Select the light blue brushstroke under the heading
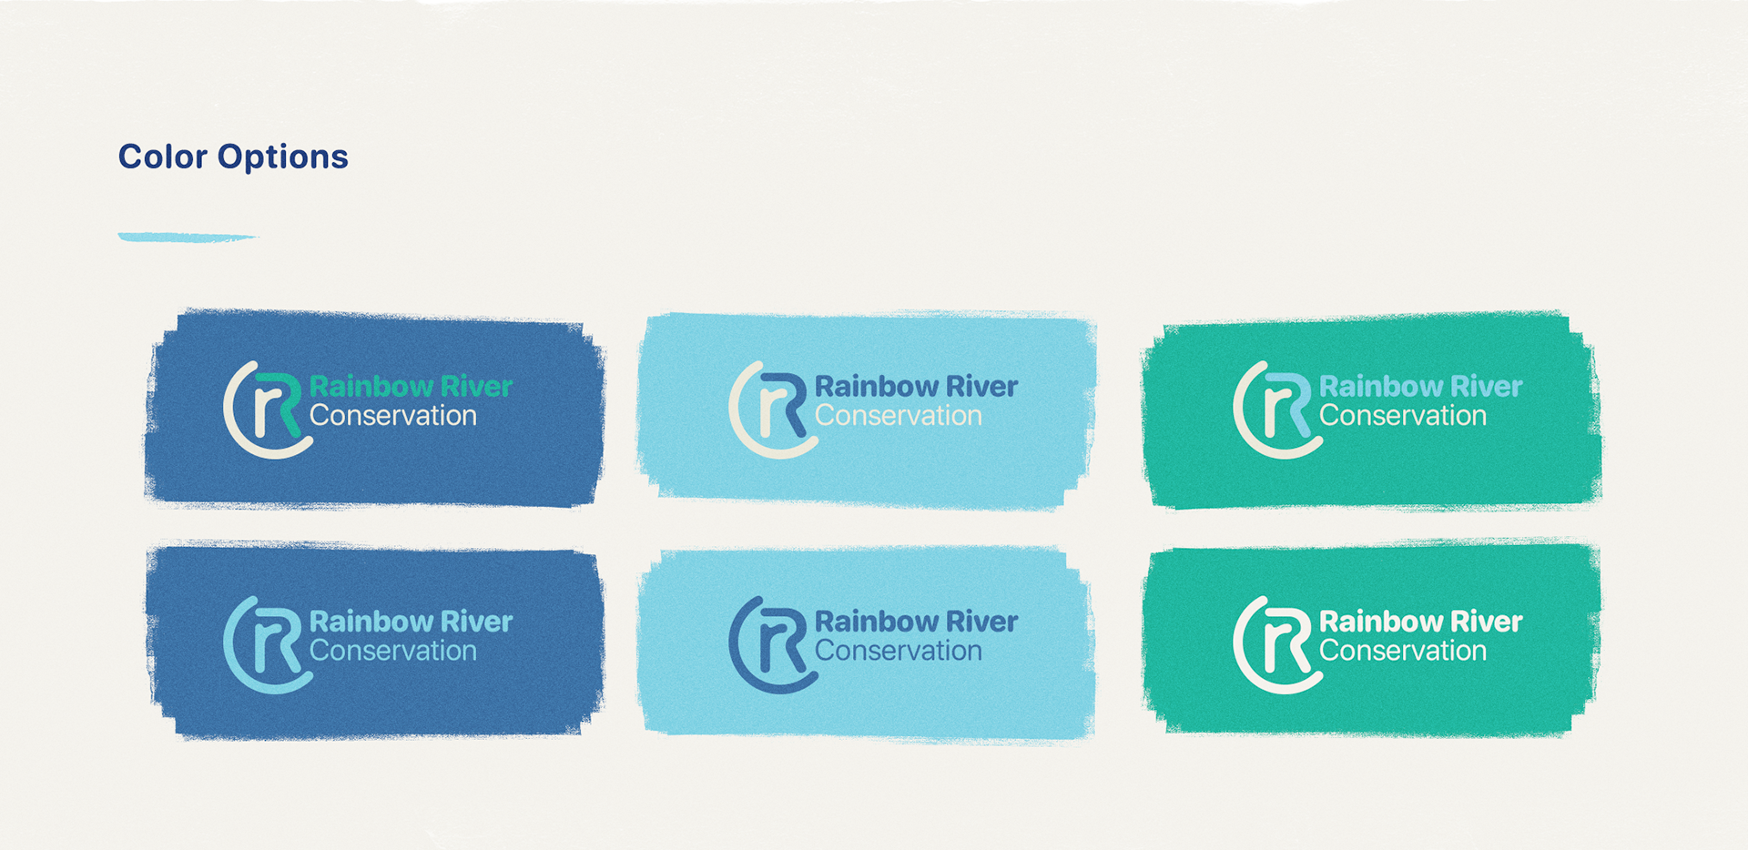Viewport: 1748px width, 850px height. click(x=187, y=238)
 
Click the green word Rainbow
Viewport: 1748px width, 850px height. click(x=371, y=387)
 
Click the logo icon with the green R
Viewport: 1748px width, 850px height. click(x=266, y=410)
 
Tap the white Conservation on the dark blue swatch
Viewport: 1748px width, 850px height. click(x=392, y=416)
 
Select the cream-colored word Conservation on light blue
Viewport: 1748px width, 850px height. click(x=898, y=416)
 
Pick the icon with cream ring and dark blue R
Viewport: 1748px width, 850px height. click(x=771, y=410)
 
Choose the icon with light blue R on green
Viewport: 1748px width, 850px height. click(x=1275, y=410)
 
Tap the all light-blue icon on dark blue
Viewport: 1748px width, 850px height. click(x=266, y=644)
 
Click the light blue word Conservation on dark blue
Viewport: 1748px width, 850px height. click(x=392, y=651)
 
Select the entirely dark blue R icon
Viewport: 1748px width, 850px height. click(x=771, y=644)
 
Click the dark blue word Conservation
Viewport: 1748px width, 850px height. click(x=898, y=651)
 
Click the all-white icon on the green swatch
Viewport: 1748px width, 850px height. click(x=1275, y=644)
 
